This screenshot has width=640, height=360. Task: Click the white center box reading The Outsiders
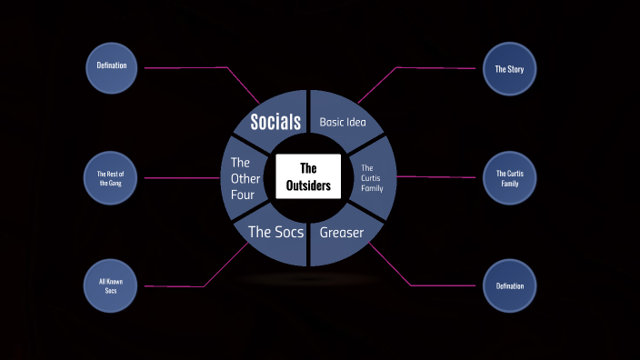point(308,176)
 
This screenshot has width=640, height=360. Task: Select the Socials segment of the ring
point(275,122)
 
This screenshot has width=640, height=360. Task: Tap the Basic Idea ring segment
point(343,122)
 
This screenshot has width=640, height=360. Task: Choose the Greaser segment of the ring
point(342,233)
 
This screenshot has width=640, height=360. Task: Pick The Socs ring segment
point(275,233)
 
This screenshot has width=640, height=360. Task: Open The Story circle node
point(509,68)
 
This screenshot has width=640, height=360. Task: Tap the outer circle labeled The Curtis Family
point(509,177)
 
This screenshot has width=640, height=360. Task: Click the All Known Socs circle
point(110,285)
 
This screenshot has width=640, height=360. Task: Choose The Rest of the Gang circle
point(110,177)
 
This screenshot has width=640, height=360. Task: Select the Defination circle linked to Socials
point(111,65)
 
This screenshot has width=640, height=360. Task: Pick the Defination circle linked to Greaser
point(509,285)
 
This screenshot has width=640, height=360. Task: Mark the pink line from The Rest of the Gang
point(177,177)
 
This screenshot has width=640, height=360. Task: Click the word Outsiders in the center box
point(308,186)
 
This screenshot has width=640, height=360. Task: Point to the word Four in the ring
point(243,194)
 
